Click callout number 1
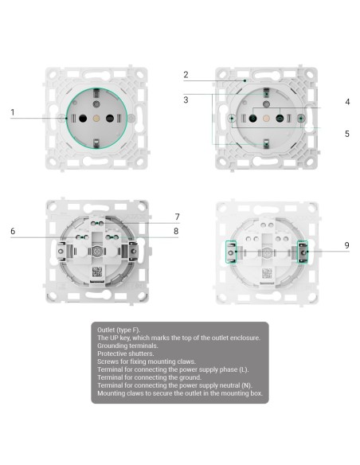point(13,112)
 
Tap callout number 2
point(185,75)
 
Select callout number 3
point(185,100)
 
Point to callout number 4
point(347,102)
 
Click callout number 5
point(347,134)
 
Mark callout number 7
point(177,217)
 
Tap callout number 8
point(177,232)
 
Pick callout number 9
point(347,245)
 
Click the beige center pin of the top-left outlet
point(96,119)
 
